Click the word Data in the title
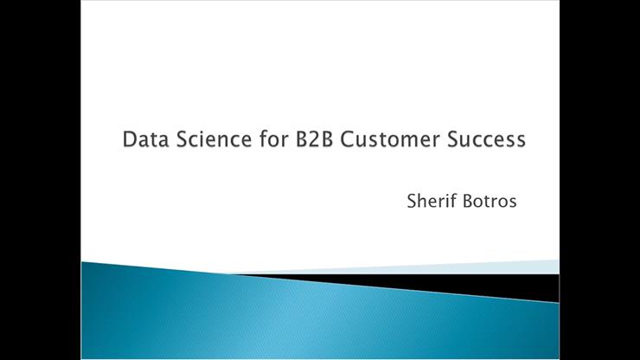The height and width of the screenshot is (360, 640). click(x=143, y=139)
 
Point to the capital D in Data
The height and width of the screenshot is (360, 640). click(x=130, y=139)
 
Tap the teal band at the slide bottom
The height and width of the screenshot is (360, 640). click(x=259, y=320)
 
